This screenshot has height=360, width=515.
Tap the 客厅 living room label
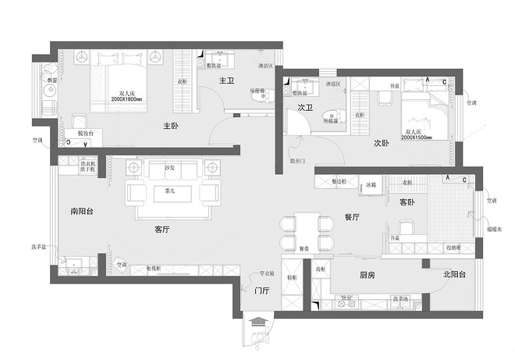tap(162, 230)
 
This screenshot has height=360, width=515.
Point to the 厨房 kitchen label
tap(368, 275)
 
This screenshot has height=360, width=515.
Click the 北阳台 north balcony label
tap(454, 275)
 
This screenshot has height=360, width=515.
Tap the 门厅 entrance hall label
tap(261, 290)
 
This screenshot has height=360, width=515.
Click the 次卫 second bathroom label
tap(305, 109)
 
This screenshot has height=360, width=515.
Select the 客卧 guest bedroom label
tap(407, 201)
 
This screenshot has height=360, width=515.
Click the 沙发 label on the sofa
tap(170, 168)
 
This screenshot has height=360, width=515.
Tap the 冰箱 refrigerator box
tap(372, 185)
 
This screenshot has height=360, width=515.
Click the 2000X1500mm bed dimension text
tap(419, 137)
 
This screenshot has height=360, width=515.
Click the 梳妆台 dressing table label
tap(85, 134)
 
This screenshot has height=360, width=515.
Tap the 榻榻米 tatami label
tap(493, 230)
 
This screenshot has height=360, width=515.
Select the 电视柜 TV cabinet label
tap(154, 268)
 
